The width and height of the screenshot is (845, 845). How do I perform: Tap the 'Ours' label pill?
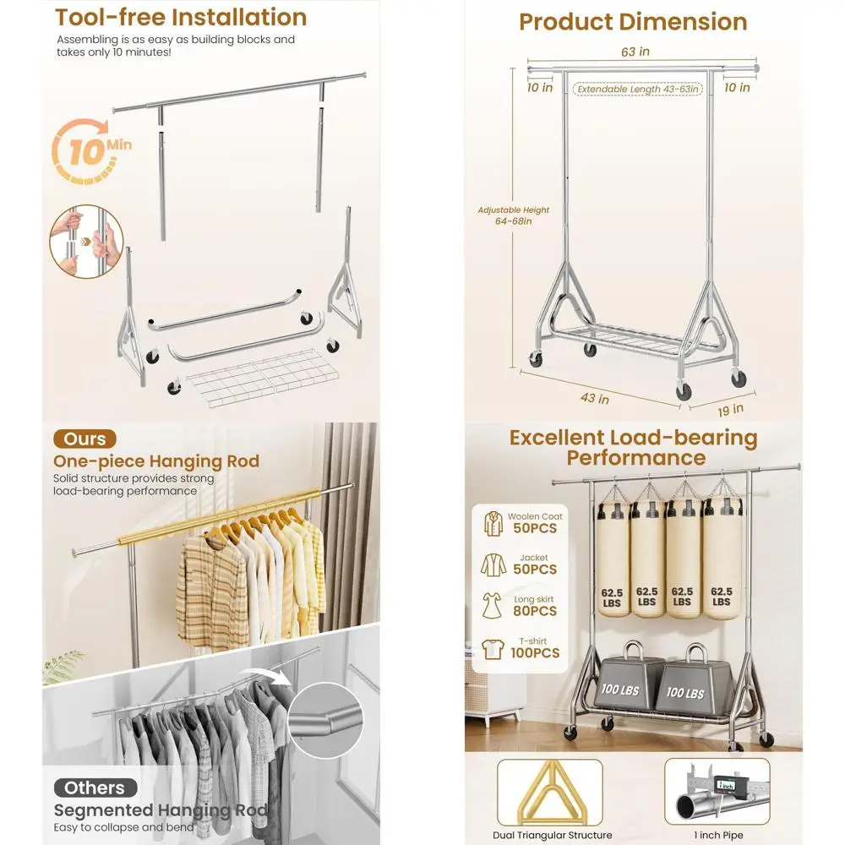(x=85, y=439)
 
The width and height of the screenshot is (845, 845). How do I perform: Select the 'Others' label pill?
(x=95, y=788)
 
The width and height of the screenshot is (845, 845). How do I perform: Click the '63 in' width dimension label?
(x=635, y=52)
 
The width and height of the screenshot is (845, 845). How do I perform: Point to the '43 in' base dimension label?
(x=594, y=397)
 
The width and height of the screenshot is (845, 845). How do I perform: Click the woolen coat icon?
(x=492, y=522)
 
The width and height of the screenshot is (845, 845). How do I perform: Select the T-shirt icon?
(x=492, y=648)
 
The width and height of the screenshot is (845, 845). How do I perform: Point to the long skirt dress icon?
(x=492, y=606)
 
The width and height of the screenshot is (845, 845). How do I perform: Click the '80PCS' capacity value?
(x=535, y=611)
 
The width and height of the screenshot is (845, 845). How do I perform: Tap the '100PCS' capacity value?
(x=535, y=653)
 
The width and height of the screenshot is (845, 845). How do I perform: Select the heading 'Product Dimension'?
(x=633, y=22)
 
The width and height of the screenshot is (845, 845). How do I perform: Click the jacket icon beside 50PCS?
(x=492, y=564)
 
